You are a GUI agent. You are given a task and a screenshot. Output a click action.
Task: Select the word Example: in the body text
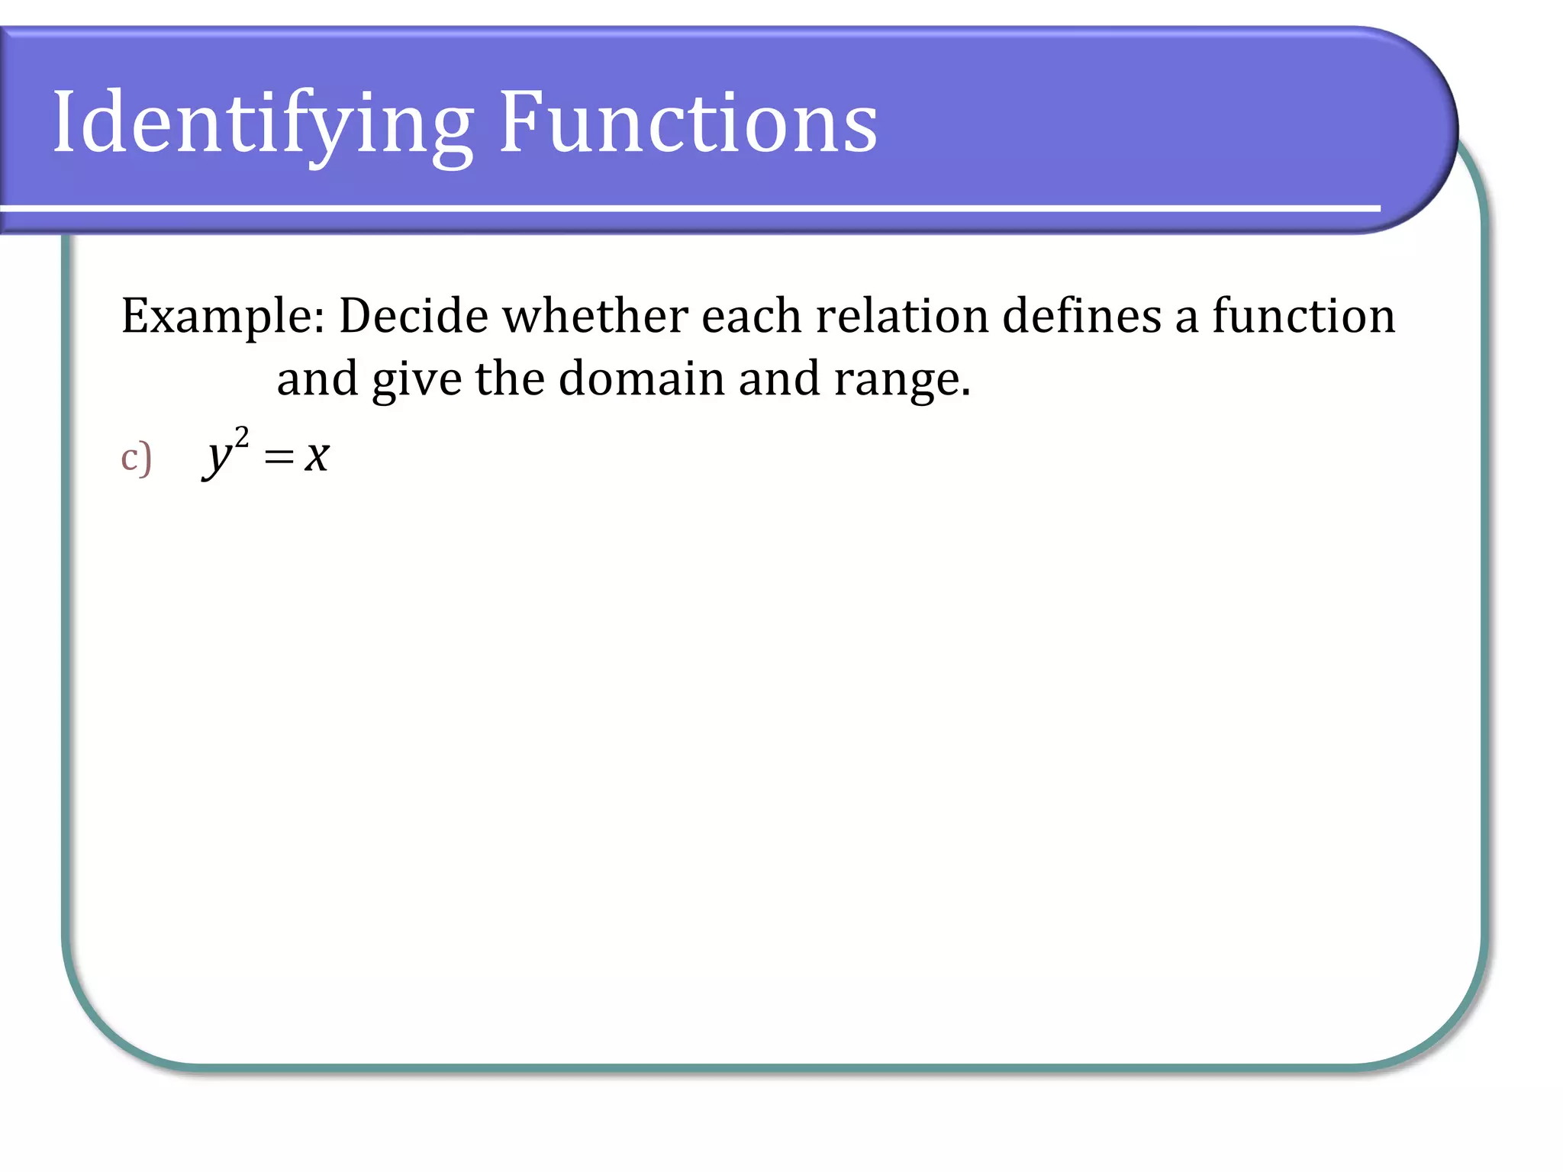tap(223, 316)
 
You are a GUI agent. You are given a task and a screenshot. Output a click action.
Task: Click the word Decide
tap(413, 316)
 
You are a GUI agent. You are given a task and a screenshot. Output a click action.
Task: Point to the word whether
tap(595, 316)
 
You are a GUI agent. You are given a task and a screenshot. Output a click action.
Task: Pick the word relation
tap(901, 316)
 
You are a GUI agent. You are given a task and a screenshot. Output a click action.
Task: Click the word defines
tap(1081, 316)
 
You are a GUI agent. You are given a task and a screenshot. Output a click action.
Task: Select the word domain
tap(641, 378)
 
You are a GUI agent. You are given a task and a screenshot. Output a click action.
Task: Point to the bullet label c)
tap(137, 458)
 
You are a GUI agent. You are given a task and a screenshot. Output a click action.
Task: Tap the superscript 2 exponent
tap(242, 437)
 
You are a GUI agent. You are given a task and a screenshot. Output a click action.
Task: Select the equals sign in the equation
tap(279, 457)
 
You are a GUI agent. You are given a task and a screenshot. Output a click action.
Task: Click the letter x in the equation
tap(317, 458)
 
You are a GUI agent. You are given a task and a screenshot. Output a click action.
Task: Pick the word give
tap(417, 380)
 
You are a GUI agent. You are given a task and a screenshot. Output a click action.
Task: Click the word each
tap(751, 316)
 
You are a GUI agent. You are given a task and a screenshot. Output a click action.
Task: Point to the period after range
tap(965, 394)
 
